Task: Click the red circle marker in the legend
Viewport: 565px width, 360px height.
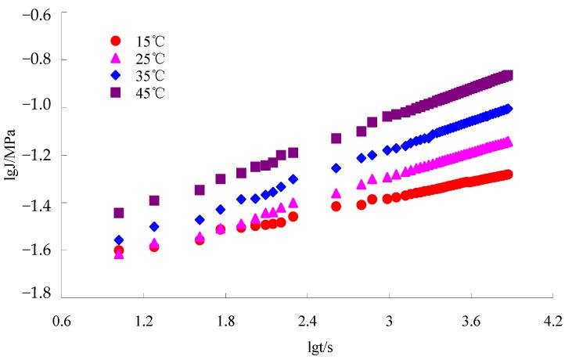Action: [x=116, y=41]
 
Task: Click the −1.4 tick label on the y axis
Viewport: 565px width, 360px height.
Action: [x=37, y=203]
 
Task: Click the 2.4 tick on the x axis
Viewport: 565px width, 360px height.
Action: [x=307, y=322]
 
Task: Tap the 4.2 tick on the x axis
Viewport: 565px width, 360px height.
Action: [x=552, y=322]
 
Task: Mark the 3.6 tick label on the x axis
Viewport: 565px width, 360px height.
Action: [x=471, y=322]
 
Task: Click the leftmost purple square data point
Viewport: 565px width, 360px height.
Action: [x=119, y=213]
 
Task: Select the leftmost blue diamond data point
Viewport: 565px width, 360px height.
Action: [x=119, y=239]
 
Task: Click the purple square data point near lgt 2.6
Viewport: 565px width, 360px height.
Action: [x=336, y=139]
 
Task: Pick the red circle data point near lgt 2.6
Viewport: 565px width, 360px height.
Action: [x=336, y=207]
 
